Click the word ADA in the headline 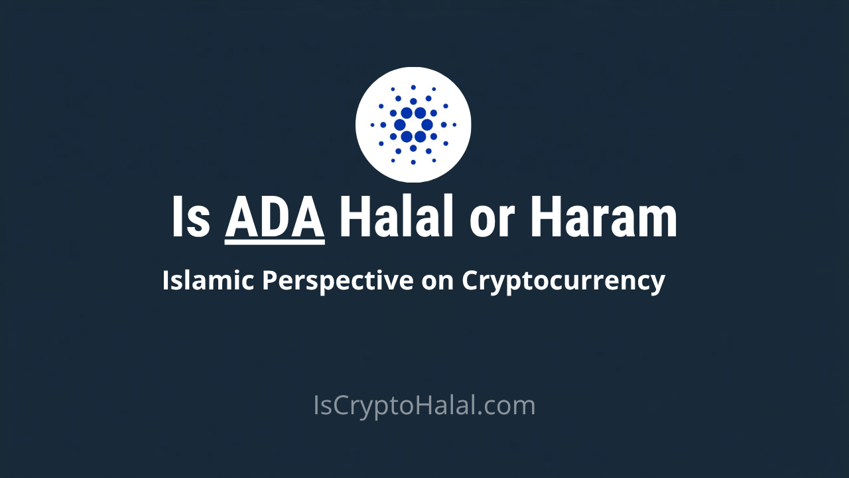(275, 217)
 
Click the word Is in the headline (191, 217)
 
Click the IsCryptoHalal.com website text (424, 406)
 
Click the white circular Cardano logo (413, 125)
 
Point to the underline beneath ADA (275, 242)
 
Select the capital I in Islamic (166, 281)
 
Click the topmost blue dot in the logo (413, 87)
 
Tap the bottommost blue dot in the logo (413, 162)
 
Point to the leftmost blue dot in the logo (373, 125)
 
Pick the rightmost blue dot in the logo (454, 125)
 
